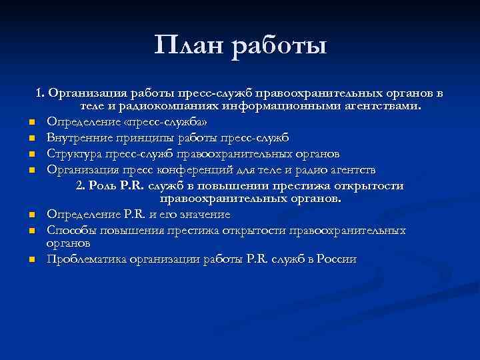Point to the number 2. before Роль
(x=82, y=185)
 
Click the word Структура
(x=75, y=154)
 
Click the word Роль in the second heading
(x=106, y=185)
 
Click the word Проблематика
(x=87, y=259)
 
